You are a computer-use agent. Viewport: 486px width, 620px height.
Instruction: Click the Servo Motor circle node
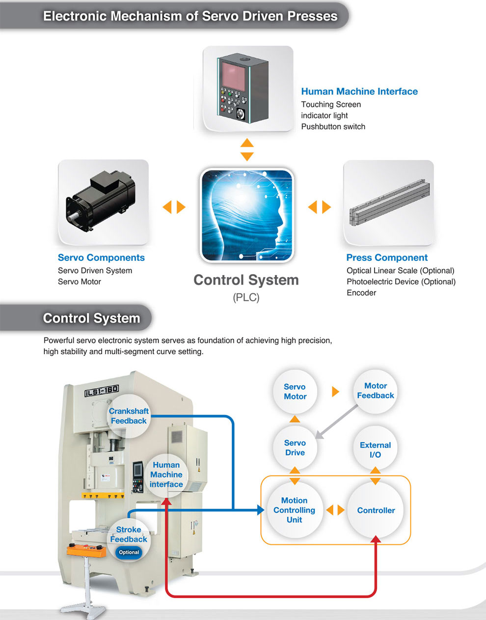pyautogui.click(x=295, y=392)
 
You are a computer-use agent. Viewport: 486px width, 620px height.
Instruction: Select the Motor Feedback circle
pyautogui.click(x=376, y=392)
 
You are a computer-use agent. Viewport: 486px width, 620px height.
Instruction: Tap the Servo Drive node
pyautogui.click(x=295, y=448)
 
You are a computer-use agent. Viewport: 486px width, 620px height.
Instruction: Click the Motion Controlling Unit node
pyautogui.click(x=295, y=510)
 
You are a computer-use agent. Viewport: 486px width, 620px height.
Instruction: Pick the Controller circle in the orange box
pyautogui.click(x=376, y=510)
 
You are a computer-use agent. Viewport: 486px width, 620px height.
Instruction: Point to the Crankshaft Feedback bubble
pyautogui.click(x=129, y=416)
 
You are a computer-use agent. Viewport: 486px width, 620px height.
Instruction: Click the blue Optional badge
pyautogui.click(x=129, y=552)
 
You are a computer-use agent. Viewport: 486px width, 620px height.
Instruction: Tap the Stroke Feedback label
pyautogui.click(x=129, y=535)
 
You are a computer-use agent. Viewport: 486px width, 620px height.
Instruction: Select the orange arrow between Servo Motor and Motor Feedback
pyautogui.click(x=335, y=392)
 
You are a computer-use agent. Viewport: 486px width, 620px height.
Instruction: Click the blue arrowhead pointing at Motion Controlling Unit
pyautogui.click(x=261, y=510)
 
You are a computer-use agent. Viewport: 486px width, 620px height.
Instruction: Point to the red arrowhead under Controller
pyautogui.click(x=376, y=539)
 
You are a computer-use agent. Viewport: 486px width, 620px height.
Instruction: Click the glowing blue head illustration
pyautogui.click(x=247, y=215)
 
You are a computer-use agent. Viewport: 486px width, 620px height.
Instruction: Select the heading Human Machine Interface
pyautogui.click(x=359, y=91)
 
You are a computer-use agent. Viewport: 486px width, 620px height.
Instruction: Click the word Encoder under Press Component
pyautogui.click(x=361, y=293)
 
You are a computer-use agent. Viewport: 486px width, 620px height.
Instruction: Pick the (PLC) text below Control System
pyautogui.click(x=246, y=298)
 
